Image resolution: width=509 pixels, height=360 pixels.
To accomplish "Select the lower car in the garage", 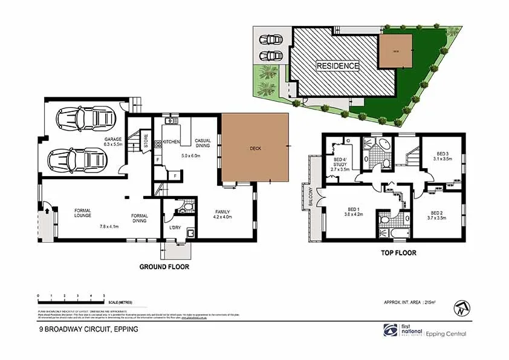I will pyautogui.click(x=72, y=160).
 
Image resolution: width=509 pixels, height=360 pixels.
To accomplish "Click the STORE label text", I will pyautogui.click(x=146, y=140).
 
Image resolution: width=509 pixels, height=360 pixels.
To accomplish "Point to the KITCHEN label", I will pyautogui.click(x=172, y=142).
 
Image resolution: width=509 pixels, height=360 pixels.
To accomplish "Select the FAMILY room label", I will pyautogui.click(x=224, y=212).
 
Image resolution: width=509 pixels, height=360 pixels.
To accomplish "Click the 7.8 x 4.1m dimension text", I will pyautogui.click(x=109, y=226).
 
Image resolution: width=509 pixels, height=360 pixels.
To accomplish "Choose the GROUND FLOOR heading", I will pyautogui.click(x=164, y=266).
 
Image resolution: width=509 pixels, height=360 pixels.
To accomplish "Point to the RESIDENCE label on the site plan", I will pyautogui.click(x=338, y=65).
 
